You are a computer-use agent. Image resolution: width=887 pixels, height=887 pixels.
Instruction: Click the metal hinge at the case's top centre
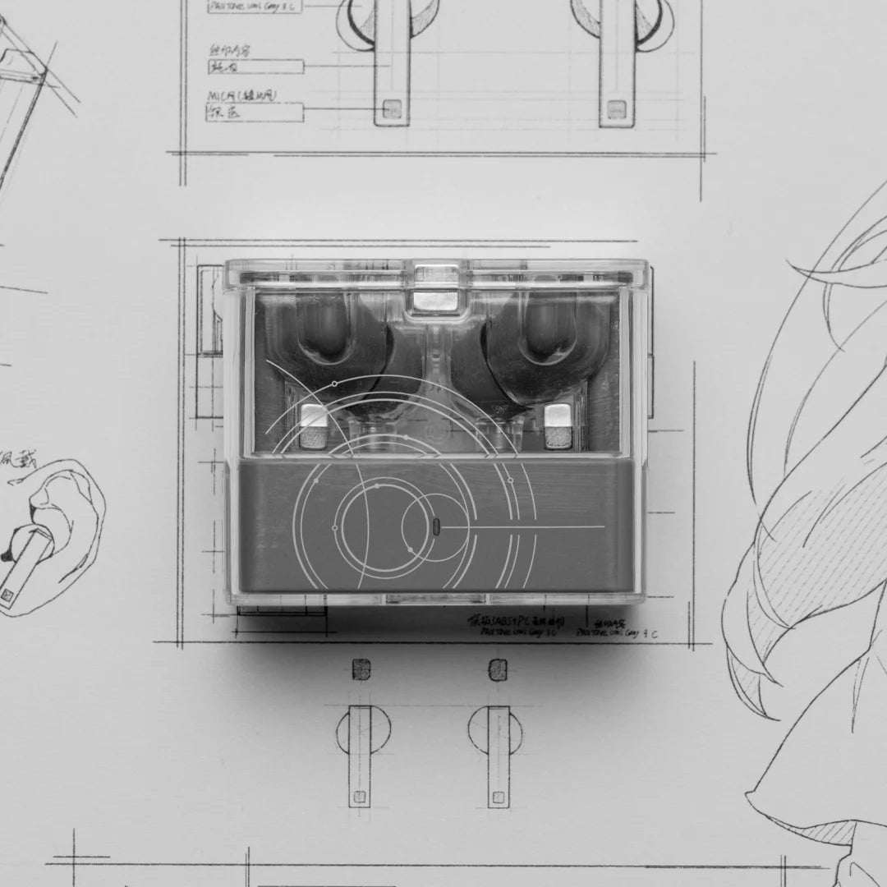click(435, 287)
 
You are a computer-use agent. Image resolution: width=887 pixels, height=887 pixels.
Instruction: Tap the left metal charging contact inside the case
click(313, 425)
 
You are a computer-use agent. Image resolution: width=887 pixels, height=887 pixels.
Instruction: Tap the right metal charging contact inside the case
click(558, 425)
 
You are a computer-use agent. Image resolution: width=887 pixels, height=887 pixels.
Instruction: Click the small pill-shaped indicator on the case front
click(435, 526)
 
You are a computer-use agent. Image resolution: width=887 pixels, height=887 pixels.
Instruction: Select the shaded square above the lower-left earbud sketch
click(361, 669)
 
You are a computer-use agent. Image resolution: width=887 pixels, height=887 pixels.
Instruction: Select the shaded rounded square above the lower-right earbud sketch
click(498, 669)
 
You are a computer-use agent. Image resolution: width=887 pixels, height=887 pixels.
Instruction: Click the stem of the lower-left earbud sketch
click(360, 756)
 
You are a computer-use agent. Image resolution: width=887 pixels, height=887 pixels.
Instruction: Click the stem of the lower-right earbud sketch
click(499, 756)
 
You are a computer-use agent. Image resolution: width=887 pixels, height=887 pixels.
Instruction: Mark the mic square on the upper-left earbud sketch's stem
click(393, 108)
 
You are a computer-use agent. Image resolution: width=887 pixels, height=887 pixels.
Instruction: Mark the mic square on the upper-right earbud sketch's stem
click(616, 108)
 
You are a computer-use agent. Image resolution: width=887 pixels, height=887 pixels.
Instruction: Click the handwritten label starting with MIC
click(241, 96)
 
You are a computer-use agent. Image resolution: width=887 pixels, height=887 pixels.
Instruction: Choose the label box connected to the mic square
click(255, 113)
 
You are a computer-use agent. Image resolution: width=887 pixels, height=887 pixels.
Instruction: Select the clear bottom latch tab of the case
click(435, 599)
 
